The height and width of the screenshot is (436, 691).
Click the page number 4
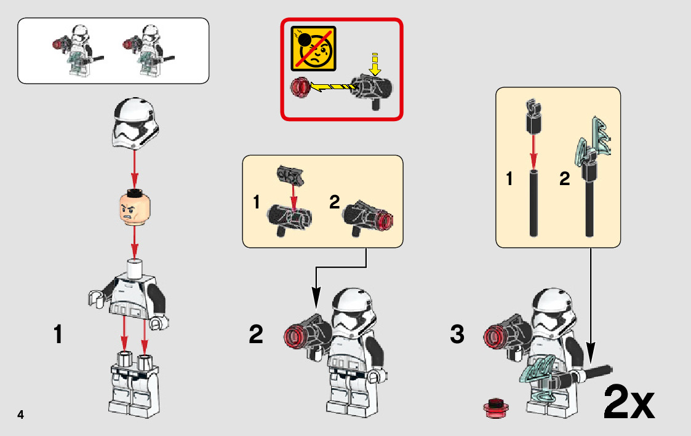coord(20,414)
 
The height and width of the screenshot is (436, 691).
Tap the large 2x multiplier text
coord(629,402)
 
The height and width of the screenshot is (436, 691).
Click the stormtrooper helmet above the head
coord(135,123)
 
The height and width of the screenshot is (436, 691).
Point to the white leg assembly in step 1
coord(134,383)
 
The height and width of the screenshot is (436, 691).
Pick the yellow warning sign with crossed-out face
coord(313,49)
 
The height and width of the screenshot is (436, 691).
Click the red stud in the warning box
coord(300,87)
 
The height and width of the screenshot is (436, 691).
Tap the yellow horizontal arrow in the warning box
coord(332,86)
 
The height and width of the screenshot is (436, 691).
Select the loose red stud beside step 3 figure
coord(496,407)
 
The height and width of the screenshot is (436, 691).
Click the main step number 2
coord(256,335)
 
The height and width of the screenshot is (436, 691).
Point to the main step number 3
coord(457,335)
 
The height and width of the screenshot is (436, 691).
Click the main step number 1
coord(58,335)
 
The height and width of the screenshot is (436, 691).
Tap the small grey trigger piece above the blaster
coord(290,175)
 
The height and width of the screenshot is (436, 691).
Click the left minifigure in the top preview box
coord(78,50)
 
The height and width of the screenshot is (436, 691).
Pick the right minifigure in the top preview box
coord(149,50)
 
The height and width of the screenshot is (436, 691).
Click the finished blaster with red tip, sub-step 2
coord(367,218)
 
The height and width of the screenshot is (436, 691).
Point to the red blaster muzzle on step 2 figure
coord(295,338)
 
